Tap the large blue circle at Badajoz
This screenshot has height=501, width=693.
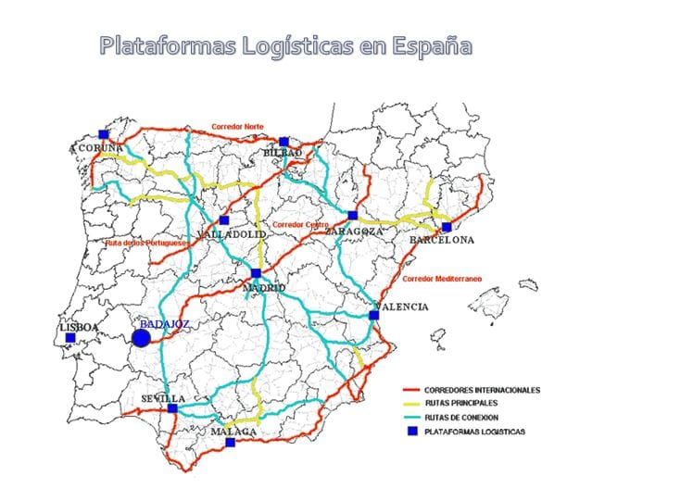[x=141, y=338]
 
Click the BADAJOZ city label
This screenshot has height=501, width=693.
[x=164, y=324]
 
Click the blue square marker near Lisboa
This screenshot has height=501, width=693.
[x=70, y=338]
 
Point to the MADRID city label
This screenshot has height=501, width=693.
[x=263, y=289]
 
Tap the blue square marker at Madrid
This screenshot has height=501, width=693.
[x=256, y=273]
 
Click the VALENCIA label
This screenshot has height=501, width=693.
[x=401, y=307]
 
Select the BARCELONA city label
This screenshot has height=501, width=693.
[x=442, y=240]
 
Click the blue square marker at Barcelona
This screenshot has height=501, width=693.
[x=447, y=227]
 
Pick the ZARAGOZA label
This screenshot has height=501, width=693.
[x=347, y=232]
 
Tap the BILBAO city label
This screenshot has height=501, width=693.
[x=283, y=152]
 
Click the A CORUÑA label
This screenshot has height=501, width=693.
[x=97, y=147]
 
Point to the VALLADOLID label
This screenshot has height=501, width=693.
[x=233, y=235]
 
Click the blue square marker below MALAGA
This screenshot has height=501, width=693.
[x=231, y=443]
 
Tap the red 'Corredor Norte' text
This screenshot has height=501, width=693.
[x=237, y=127]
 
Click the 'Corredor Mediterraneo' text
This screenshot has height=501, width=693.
[x=448, y=278]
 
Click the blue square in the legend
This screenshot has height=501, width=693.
[x=410, y=432]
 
